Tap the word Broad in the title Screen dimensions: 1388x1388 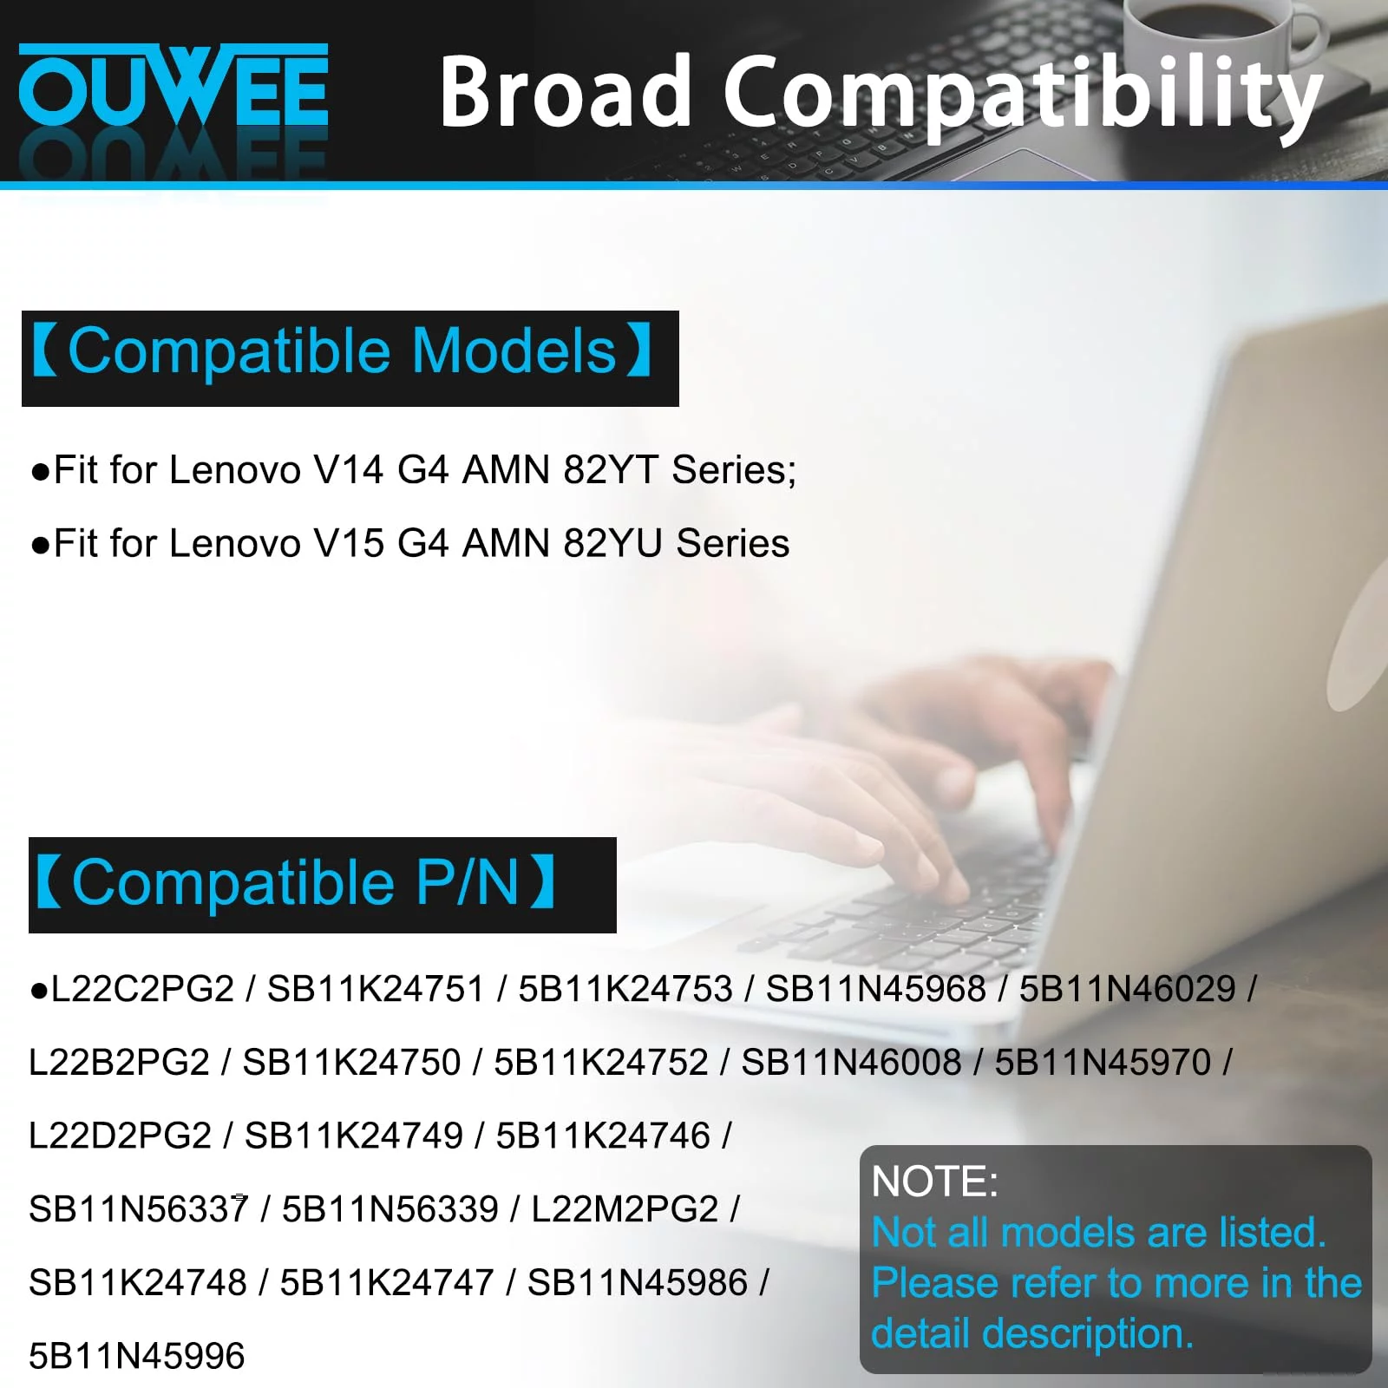pos(565,90)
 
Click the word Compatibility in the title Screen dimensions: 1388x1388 pos(1024,95)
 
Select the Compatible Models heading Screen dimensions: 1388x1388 pos(342,350)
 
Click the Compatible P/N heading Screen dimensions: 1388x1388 pos(295,881)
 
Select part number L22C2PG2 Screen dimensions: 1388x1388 pos(143,989)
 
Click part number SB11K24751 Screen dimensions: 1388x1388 pos(376,989)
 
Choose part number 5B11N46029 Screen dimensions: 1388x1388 pos(1128,989)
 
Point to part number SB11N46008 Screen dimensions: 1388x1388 pos(851,1063)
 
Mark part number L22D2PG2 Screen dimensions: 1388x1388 pos(121,1136)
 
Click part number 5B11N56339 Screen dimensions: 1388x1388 pos(390,1209)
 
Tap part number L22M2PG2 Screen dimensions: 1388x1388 pos(625,1209)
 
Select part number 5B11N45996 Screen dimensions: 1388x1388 pos(137,1356)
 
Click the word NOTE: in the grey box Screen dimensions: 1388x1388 pos(935,1182)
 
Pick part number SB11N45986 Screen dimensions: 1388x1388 pos(638,1283)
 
